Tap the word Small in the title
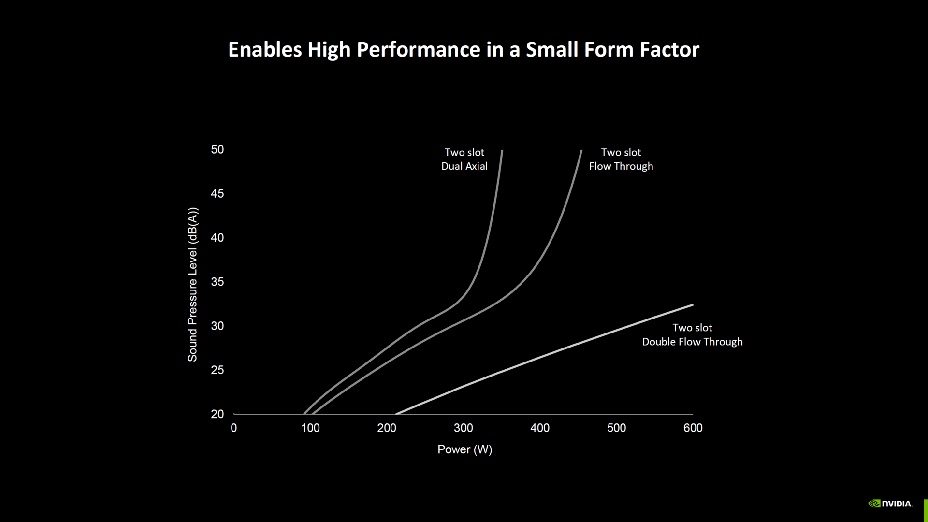pyautogui.click(x=552, y=50)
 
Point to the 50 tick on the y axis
pyautogui.click(x=217, y=150)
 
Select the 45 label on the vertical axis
pyautogui.click(x=217, y=194)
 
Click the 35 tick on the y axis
pyautogui.click(x=217, y=282)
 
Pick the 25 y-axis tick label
pyautogui.click(x=217, y=370)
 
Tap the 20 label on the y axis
pyautogui.click(x=217, y=414)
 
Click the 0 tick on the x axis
pyautogui.click(x=234, y=428)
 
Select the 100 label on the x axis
pyautogui.click(x=310, y=428)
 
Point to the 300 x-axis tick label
pyautogui.click(x=464, y=428)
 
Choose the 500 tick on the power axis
pyautogui.click(x=616, y=428)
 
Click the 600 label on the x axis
pyautogui.click(x=693, y=428)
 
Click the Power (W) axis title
pyautogui.click(x=464, y=449)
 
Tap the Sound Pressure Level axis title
pyautogui.click(x=193, y=284)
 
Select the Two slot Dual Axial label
pyautogui.click(x=464, y=159)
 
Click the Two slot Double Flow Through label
pyautogui.click(x=692, y=334)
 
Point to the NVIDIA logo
pyautogui.click(x=890, y=504)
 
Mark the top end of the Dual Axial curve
pyautogui.click(x=502, y=151)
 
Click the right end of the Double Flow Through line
pyautogui.click(x=693, y=305)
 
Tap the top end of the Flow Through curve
pyautogui.click(x=581, y=151)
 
